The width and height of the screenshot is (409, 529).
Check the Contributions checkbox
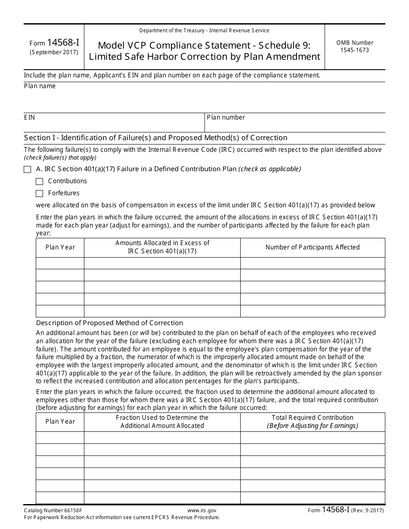pos(40,181)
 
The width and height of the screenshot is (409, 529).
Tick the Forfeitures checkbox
pos(40,194)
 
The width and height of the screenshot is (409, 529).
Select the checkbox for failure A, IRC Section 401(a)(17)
pos(28,169)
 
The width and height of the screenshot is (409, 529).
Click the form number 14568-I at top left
pos(54,43)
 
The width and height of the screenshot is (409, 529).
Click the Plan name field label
pos(40,86)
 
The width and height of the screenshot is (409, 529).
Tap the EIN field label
pos(29,117)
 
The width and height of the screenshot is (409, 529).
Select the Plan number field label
pos(226,117)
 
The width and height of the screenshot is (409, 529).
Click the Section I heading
pos(155,138)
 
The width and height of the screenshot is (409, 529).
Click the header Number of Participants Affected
pos(312,247)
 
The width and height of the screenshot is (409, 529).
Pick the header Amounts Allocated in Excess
pos(162,247)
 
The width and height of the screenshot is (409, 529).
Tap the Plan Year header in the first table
pos(60,247)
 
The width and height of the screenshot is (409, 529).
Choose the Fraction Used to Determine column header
pos(162,421)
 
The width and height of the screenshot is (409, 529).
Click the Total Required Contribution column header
pos(312,421)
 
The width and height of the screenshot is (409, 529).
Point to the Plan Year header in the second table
pos(60,421)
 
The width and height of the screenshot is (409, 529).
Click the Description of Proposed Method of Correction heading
pos(109,323)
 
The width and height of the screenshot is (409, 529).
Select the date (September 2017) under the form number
pos(54,52)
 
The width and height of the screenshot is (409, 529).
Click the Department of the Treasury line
pos(204,31)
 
